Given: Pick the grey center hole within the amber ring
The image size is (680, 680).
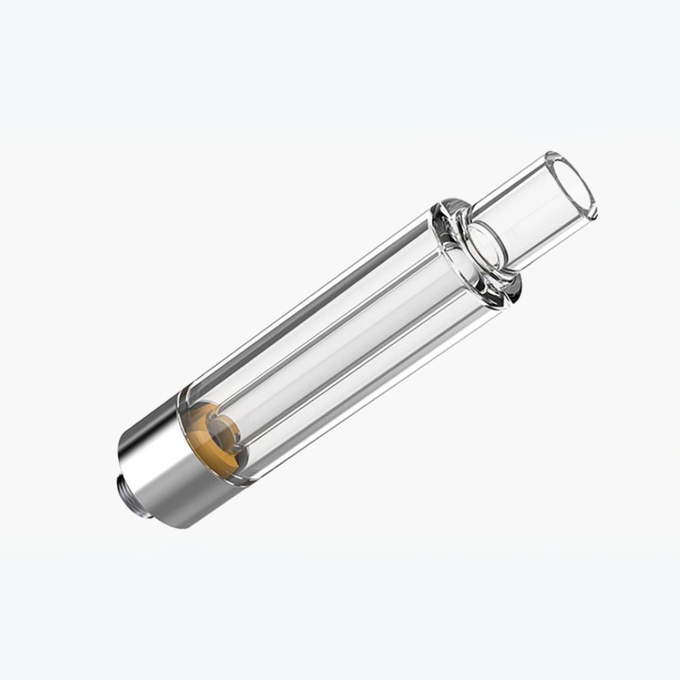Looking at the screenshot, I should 222,430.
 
